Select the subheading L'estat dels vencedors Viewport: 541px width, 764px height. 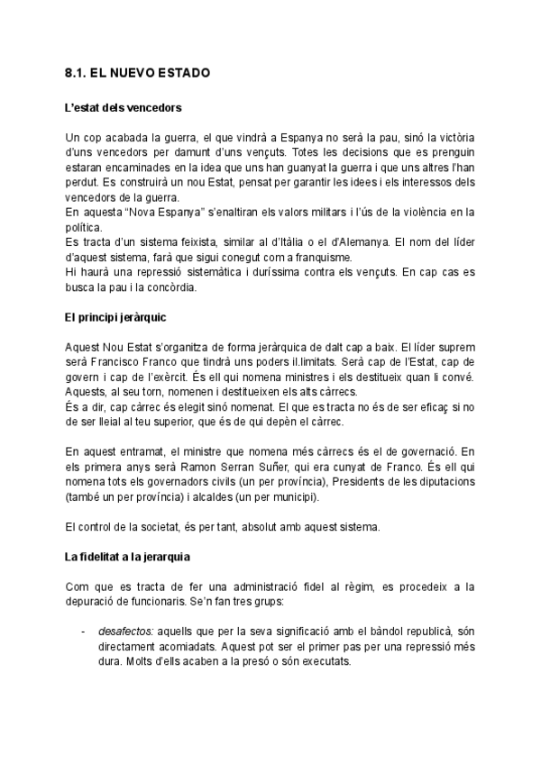pyautogui.click(x=124, y=108)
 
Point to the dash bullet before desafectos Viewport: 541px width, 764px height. pyautogui.click(x=83, y=631)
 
